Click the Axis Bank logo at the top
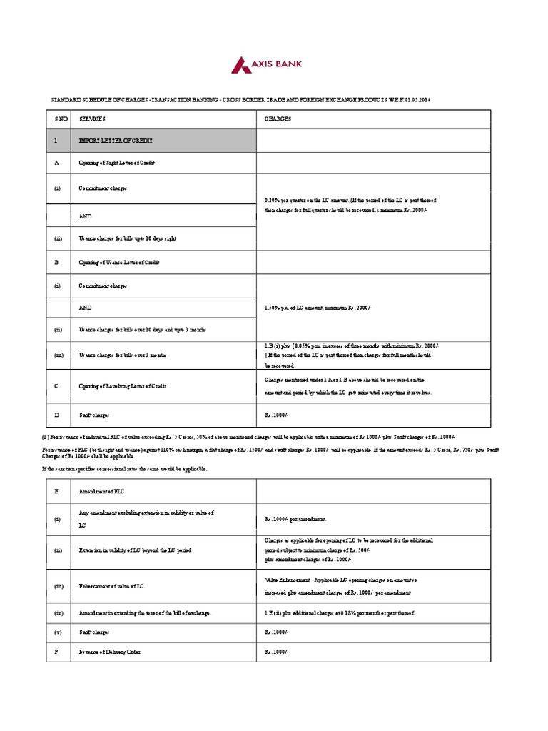[266, 66]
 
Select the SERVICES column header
[92, 119]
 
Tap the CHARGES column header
[278, 119]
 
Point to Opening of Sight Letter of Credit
[116, 163]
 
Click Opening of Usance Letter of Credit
[119, 262]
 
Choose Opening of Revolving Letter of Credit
[122, 386]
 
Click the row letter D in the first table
[56, 414]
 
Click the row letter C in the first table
[56, 386]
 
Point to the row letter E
[56, 490]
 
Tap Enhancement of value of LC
[112, 586]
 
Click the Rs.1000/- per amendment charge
[295, 519]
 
